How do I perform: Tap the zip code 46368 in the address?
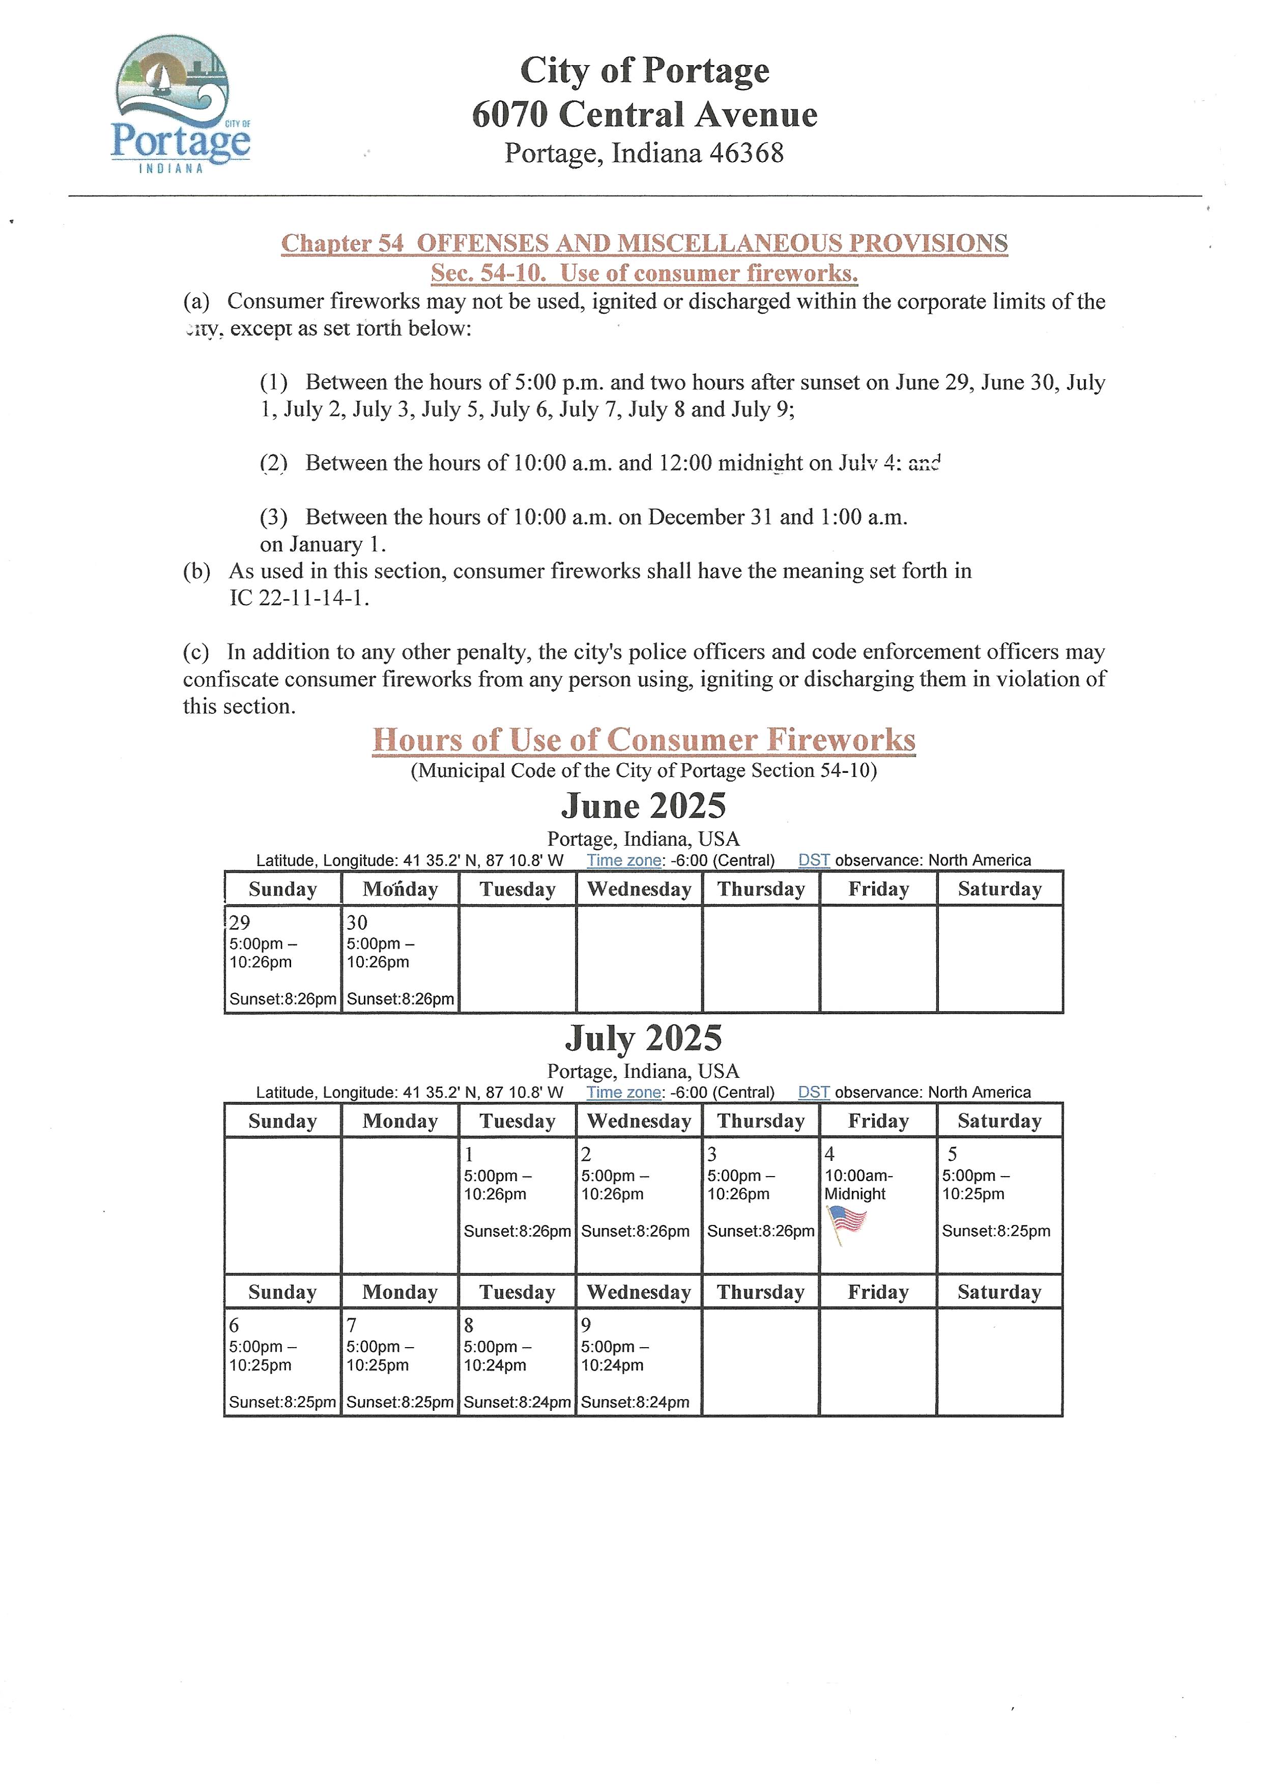746,153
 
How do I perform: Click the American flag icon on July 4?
846,1221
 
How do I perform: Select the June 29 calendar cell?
283,959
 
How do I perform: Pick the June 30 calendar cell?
400,959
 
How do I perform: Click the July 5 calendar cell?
999,1205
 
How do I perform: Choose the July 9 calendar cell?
638,1362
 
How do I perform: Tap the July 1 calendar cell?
517,1205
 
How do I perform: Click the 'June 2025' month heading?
643,806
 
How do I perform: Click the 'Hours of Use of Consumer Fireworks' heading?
643,740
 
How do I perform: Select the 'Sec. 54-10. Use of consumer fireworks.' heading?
644,273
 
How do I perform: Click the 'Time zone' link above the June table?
623,860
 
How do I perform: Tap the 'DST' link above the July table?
814,1092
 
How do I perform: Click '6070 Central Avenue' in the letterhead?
644,114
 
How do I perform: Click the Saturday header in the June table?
999,889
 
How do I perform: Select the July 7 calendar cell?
400,1362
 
